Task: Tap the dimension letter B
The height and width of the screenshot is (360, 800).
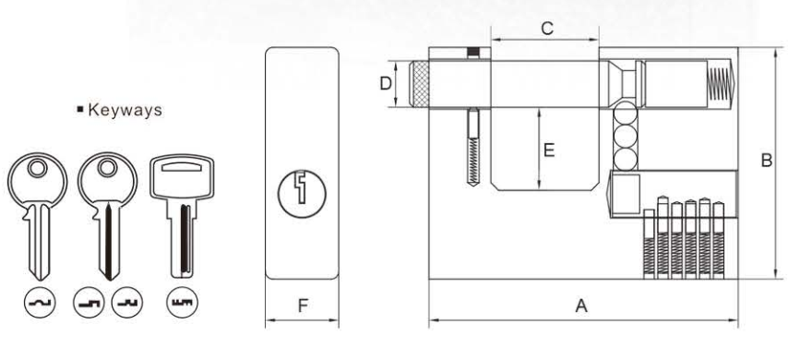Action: point(766,161)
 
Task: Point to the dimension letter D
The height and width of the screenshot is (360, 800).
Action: point(388,84)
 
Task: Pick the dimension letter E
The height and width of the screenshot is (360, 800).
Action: point(548,149)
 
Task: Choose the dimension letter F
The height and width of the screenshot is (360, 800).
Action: point(302,306)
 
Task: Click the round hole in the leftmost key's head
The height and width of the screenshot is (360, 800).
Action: point(38,169)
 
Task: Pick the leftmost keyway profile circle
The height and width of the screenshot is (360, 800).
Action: point(40,301)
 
